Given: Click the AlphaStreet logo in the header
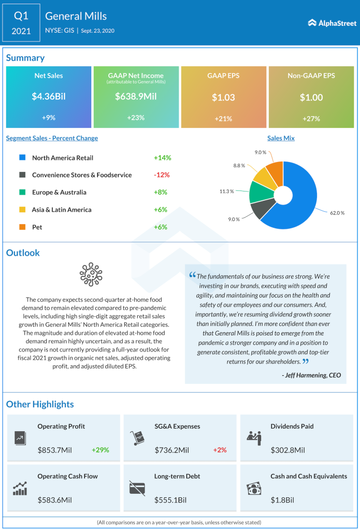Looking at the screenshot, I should click(332, 23).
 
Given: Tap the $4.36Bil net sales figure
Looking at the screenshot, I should click(49, 96).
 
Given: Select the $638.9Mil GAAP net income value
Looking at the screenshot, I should click(135, 96).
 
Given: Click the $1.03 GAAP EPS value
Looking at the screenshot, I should click(223, 97).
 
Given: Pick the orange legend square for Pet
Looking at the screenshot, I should click(22, 227).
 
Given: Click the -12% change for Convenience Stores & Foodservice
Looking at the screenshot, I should click(162, 175).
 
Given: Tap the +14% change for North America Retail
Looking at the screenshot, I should click(162, 158).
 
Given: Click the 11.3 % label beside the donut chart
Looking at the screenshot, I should click(227, 191).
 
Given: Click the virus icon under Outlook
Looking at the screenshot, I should click(90, 275).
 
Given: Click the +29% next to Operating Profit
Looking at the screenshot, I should click(100, 450).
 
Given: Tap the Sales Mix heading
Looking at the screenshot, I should click(281, 138).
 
